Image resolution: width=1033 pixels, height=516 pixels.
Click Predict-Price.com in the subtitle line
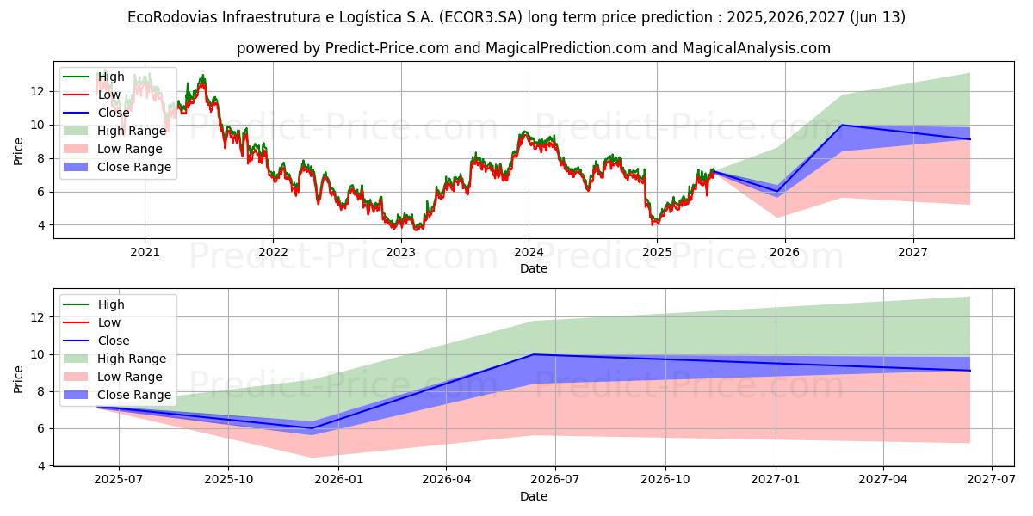tap(386, 48)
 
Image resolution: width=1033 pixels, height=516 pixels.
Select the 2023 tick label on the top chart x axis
tap(400, 252)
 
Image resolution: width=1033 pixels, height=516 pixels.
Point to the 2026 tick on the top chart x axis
tap(784, 252)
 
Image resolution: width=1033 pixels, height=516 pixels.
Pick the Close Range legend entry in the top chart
tap(134, 167)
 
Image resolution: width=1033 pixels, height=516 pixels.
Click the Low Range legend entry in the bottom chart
tap(130, 377)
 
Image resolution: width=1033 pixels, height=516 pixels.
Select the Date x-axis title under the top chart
tap(533, 268)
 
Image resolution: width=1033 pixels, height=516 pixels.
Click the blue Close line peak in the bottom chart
tap(534, 354)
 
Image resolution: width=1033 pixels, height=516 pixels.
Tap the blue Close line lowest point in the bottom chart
tap(312, 427)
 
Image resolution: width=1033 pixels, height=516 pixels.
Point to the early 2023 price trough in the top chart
tap(417, 229)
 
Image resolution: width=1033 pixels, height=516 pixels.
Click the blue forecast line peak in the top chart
tap(841, 125)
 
